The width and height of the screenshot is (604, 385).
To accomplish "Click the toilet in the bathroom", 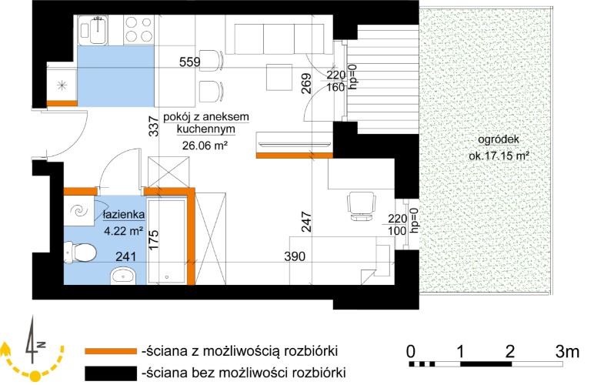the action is pos(80,253).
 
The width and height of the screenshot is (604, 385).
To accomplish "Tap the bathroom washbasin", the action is pos(123,276).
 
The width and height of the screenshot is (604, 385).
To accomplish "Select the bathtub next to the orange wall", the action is pos(167,242).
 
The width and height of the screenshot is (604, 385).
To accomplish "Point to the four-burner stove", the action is pos(138,30).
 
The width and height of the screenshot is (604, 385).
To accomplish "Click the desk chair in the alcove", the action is pos(362,206).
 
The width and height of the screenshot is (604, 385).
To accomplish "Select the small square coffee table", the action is pos(279,77).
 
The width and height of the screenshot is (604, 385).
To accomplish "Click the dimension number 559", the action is pos(190,62).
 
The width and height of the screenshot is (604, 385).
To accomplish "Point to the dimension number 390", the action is pos(295,256).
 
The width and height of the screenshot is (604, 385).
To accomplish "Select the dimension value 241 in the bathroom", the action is pos(125,256).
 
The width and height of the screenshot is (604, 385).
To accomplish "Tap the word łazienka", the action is pos(124,214).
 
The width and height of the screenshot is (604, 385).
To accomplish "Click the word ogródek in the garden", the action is pos(499,139).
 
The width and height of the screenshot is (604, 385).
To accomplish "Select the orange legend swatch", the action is pos(111,351).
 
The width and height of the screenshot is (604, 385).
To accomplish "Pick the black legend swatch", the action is pos(111,373).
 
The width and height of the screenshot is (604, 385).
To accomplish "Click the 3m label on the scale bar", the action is pos(567,351).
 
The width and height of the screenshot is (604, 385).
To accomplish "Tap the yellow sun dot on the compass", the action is pos(35,375).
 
